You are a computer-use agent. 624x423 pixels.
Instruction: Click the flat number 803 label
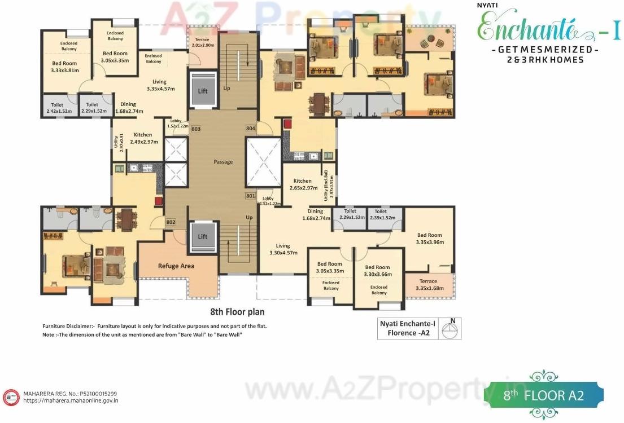[x=196, y=129]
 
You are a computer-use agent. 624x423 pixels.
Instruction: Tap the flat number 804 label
[x=251, y=129]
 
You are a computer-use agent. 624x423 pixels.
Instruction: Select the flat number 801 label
[x=250, y=196]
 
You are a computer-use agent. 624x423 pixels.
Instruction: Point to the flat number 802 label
[x=171, y=222]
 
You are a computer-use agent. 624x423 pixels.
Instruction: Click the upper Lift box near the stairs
[x=202, y=91]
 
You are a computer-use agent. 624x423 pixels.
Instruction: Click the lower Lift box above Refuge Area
[x=202, y=236]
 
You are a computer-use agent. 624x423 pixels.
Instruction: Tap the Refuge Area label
[x=176, y=266]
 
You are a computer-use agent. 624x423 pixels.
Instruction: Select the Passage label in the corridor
[x=223, y=162]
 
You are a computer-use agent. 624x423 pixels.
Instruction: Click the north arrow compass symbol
[x=450, y=329]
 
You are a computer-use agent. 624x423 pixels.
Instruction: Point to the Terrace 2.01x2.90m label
[x=202, y=42]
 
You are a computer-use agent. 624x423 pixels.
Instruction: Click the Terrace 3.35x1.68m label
[x=429, y=285]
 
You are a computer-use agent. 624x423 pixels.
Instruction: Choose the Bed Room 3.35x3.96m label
[x=430, y=239]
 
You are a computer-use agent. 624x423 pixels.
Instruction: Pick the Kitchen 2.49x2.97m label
[x=143, y=138]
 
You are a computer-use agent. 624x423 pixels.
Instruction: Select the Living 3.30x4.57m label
[x=283, y=249]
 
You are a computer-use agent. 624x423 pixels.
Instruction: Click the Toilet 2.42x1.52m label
[x=59, y=108]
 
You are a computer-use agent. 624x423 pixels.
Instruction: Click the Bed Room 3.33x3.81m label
[x=64, y=67]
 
